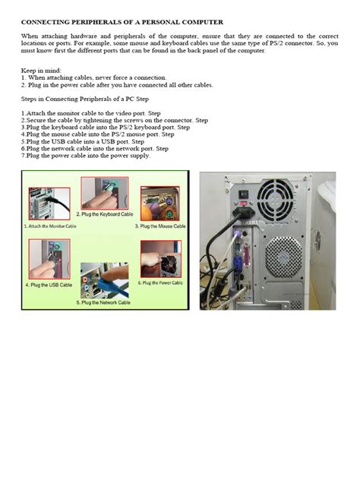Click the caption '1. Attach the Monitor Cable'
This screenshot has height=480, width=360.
[50, 226]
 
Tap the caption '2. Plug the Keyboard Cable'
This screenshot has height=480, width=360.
[106, 215]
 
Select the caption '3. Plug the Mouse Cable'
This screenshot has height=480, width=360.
[160, 226]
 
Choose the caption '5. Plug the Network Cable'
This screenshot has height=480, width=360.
[104, 302]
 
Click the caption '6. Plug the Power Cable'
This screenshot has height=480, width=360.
[160, 283]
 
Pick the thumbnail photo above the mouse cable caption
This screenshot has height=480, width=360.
[159, 201]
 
